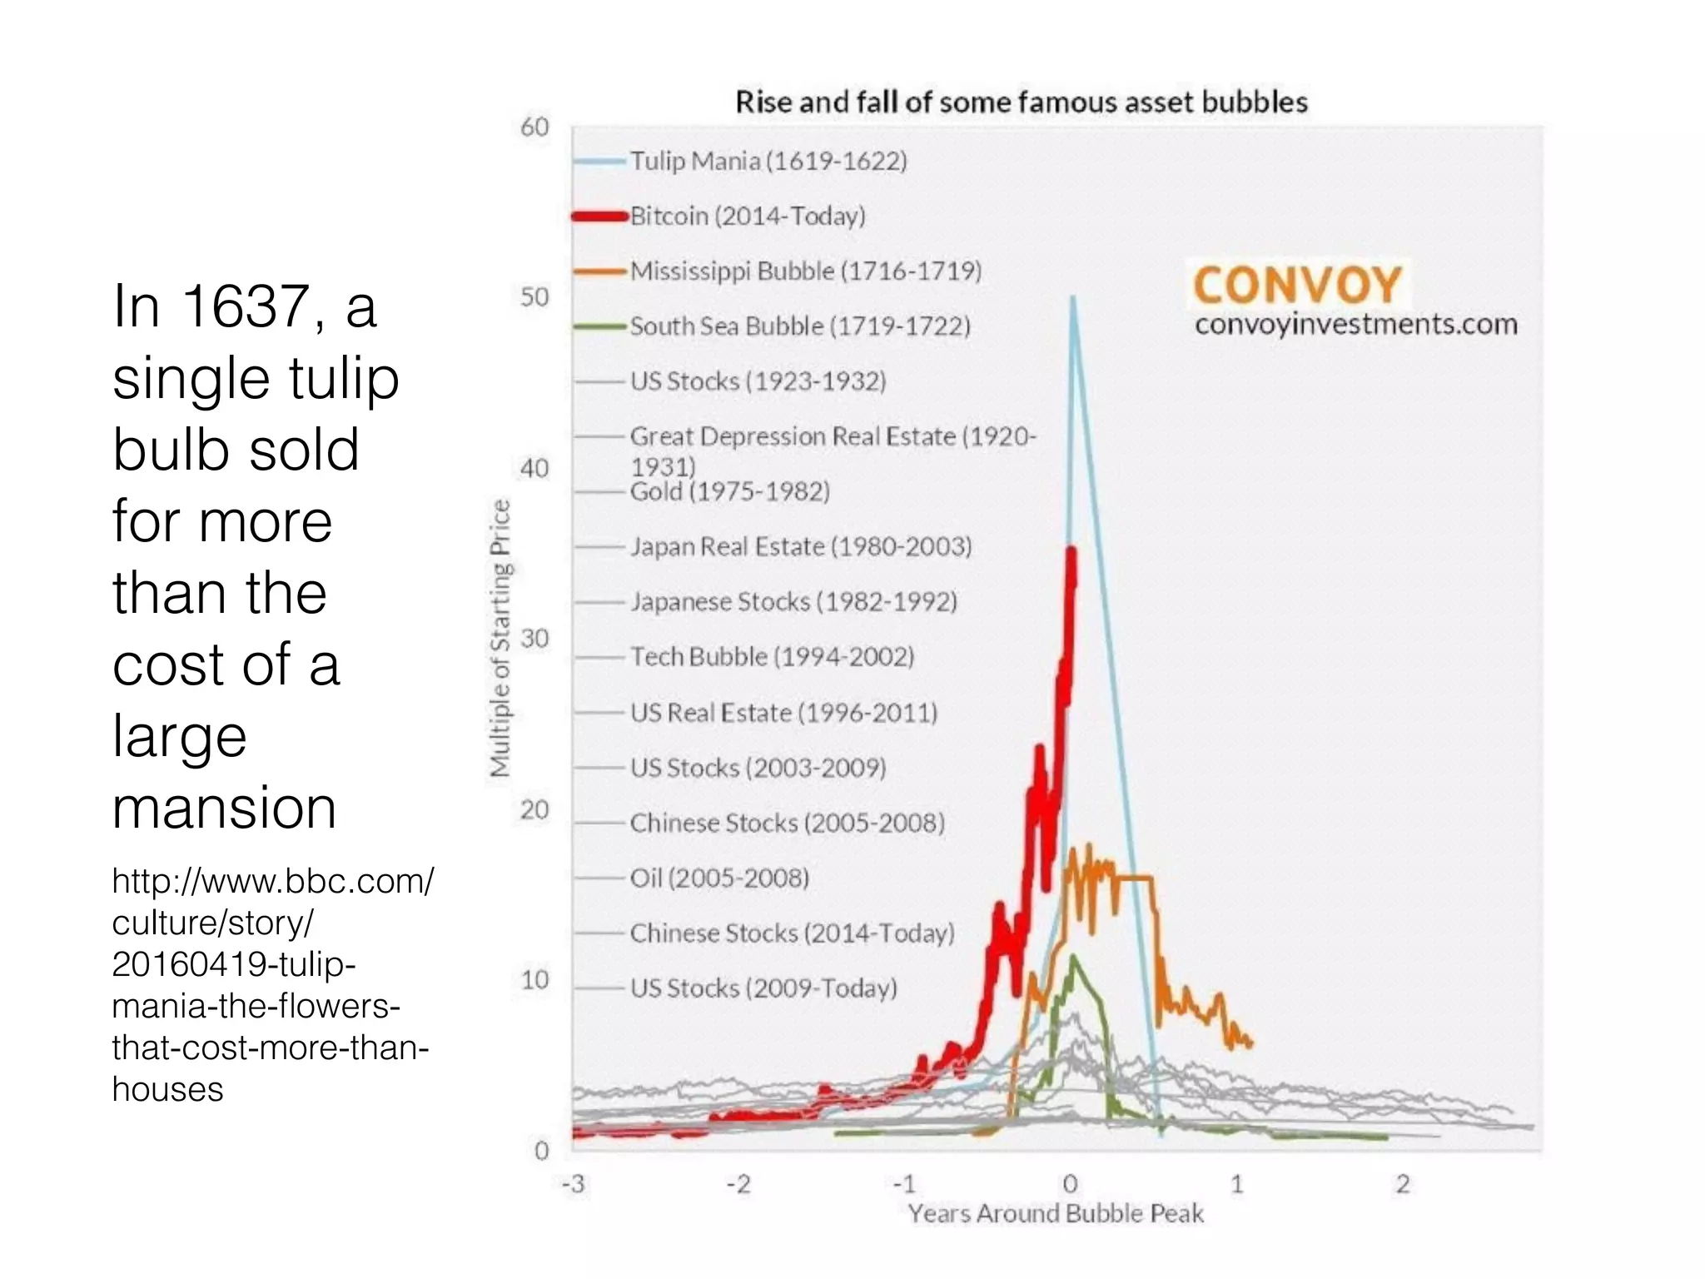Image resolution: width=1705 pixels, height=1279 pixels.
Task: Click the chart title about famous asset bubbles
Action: (x=1021, y=102)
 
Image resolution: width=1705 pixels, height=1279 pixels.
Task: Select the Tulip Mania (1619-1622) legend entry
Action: (x=768, y=161)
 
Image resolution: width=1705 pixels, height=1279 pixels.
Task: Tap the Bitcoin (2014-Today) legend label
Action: (x=747, y=216)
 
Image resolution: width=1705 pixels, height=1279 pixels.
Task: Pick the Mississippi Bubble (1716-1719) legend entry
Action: (x=805, y=271)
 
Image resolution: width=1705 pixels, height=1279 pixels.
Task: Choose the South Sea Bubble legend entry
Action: (x=799, y=326)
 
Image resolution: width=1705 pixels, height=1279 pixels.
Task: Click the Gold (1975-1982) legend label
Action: (x=729, y=492)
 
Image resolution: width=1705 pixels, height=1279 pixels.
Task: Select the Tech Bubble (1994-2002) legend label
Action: (x=772, y=657)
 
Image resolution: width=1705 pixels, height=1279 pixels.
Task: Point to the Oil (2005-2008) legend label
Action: (x=719, y=878)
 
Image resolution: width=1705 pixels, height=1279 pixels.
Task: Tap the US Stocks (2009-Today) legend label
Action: (x=763, y=988)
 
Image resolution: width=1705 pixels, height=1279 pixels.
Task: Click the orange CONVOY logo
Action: (x=1297, y=286)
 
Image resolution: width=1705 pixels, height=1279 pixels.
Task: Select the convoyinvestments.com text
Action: (x=1355, y=324)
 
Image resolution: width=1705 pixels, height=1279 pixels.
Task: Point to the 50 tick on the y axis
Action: (x=534, y=297)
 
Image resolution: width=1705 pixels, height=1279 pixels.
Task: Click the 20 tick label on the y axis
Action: (x=534, y=809)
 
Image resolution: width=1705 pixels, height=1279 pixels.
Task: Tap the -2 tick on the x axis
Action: (x=738, y=1183)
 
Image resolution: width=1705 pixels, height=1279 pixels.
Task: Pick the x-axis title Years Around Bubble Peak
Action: (x=1055, y=1214)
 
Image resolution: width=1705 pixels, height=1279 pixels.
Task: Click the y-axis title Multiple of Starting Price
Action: (x=500, y=638)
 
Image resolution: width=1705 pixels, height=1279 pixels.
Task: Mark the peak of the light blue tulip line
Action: (x=1072, y=297)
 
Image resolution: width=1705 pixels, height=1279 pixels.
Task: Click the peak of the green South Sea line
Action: (x=1073, y=957)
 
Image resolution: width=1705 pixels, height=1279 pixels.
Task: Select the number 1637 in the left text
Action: (x=246, y=306)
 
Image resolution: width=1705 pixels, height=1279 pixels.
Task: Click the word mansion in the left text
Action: (x=224, y=808)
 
